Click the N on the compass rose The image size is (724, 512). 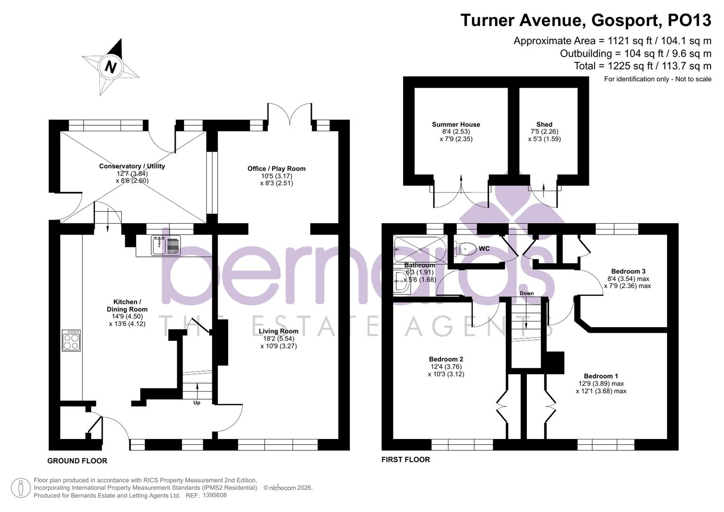[110, 67]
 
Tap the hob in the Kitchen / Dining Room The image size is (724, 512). [71, 340]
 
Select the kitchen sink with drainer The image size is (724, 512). [166, 245]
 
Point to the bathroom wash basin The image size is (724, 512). [401, 283]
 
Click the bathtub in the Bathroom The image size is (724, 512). [419, 248]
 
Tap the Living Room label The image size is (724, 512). [278, 331]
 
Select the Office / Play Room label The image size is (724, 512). [276, 169]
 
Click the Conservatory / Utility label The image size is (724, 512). [132, 166]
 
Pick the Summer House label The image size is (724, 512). [456, 125]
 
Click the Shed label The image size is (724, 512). [544, 125]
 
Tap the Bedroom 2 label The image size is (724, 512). [446, 359]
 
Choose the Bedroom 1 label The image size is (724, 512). [601, 376]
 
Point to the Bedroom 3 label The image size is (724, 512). [628, 272]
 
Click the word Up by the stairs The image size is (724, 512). [197, 403]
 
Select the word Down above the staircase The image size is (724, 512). [526, 293]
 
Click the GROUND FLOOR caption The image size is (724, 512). [77, 461]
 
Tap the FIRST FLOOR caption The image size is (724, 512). [405, 459]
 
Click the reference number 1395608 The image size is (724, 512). [214, 495]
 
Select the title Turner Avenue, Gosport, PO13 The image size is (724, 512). [586, 20]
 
